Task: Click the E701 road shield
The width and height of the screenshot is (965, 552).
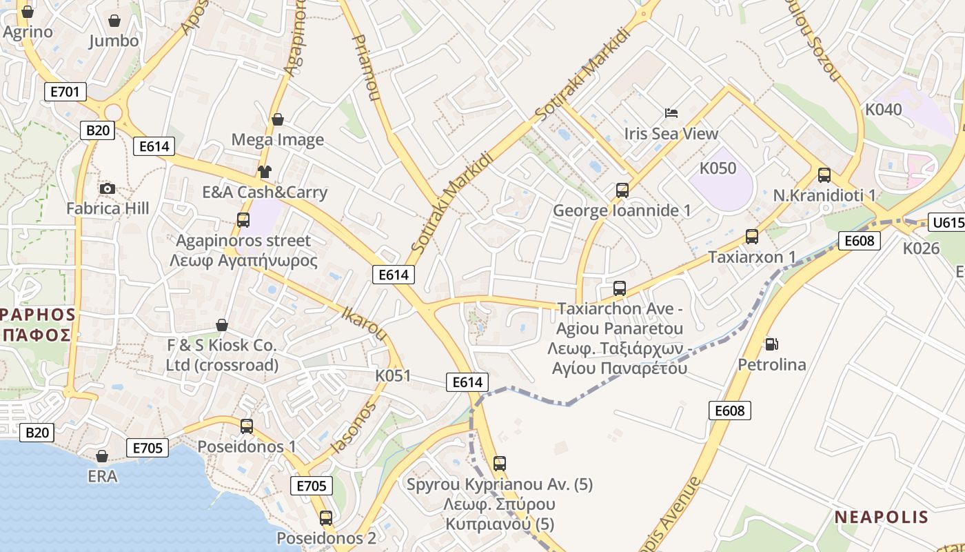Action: pyautogui.click(x=65, y=91)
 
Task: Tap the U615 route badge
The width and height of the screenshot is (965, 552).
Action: pyautogui.click(x=946, y=222)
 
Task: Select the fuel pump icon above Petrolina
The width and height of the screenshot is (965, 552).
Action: pyautogui.click(x=771, y=344)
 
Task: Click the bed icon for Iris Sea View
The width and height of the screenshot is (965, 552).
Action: pyautogui.click(x=671, y=112)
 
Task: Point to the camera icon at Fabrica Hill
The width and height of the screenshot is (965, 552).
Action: pyautogui.click(x=107, y=188)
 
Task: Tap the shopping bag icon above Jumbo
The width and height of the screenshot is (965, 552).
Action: pyautogui.click(x=114, y=21)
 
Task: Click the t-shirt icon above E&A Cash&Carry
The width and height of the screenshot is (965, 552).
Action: pyautogui.click(x=264, y=172)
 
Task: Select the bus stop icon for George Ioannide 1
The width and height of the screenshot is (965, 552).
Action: pyautogui.click(x=622, y=190)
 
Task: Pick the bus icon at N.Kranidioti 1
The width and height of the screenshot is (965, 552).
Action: pyautogui.click(x=824, y=175)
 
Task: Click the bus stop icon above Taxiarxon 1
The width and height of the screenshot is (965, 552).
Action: pyautogui.click(x=752, y=237)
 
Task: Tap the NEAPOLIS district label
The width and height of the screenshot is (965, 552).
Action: pyautogui.click(x=882, y=517)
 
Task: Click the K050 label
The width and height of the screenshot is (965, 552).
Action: pyautogui.click(x=718, y=168)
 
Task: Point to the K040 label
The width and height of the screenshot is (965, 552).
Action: pyautogui.click(x=883, y=110)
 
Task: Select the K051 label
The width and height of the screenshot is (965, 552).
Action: pyautogui.click(x=393, y=376)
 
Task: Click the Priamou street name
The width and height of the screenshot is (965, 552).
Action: pyautogui.click(x=366, y=69)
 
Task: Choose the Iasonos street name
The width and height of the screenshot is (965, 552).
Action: pyautogui.click(x=354, y=428)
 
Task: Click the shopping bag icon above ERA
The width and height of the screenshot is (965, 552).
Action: pyautogui.click(x=102, y=456)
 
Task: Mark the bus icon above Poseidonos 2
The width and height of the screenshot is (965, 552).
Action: pyautogui.click(x=326, y=517)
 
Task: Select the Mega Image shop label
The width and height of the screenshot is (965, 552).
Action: pyautogui.click(x=277, y=140)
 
